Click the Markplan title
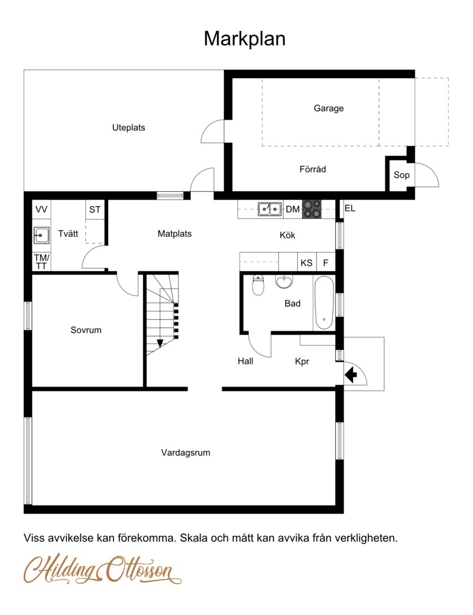pyautogui.click(x=245, y=39)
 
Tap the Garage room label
pyautogui.click(x=328, y=108)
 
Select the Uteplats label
pyautogui.click(x=128, y=127)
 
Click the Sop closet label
pyautogui.click(x=401, y=175)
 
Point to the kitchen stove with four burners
pyautogui.click(x=312, y=209)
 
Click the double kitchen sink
pyautogui.click(x=270, y=209)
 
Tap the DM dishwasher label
pyautogui.click(x=293, y=210)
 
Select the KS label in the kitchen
pyautogui.click(x=306, y=263)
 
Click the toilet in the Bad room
pyautogui.click(x=258, y=285)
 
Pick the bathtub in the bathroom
pyautogui.click(x=324, y=303)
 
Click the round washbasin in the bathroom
pyautogui.click(x=284, y=281)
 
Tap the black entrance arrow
pyautogui.click(x=351, y=375)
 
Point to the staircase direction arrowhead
pyautogui.click(x=160, y=343)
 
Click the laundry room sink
pyautogui.click(x=41, y=236)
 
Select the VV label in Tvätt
pyautogui.click(x=41, y=210)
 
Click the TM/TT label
pyautogui.click(x=41, y=262)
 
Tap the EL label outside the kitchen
pyautogui.click(x=350, y=209)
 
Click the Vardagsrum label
pyautogui.click(x=186, y=453)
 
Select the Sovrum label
pyautogui.click(x=86, y=330)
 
